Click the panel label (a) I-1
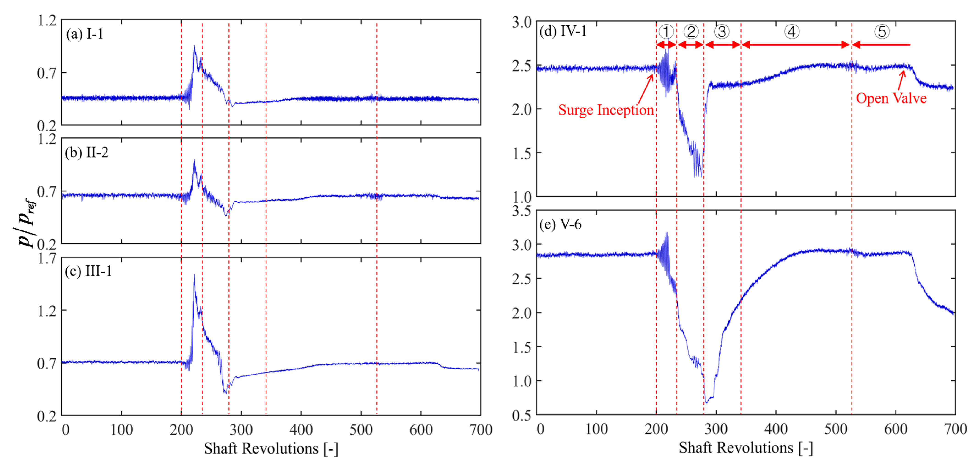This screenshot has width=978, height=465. pos(84,34)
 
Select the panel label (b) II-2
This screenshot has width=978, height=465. pos(87,153)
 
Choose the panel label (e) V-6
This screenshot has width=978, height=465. pos(560,224)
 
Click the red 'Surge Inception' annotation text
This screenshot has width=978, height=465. pos(606,110)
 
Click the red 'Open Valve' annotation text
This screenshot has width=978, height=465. pos(891,98)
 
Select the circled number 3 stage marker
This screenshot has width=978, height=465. pos(722,32)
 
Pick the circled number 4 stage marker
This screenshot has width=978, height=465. pos(791,32)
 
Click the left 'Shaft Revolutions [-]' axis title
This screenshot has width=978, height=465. pos(271,449)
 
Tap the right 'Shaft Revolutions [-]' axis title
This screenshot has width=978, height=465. pos(746,448)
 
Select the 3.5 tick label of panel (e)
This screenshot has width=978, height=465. pos(521,211)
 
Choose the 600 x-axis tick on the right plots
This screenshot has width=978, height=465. pos(896,429)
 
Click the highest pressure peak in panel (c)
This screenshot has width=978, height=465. pos(194,275)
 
